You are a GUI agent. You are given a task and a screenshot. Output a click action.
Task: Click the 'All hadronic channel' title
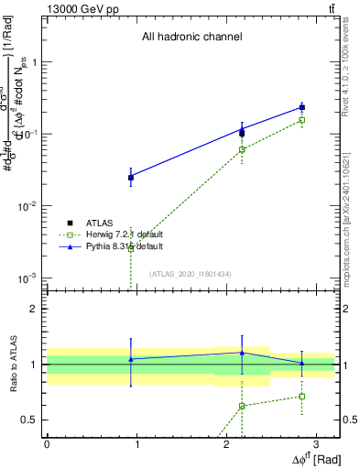[x=191, y=38]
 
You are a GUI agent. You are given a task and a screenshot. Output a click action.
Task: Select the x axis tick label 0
[x=47, y=442]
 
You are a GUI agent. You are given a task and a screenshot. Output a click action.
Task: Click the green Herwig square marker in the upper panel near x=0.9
[x=131, y=247]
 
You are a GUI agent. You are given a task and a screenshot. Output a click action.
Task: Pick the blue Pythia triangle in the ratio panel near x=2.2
[x=242, y=353]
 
